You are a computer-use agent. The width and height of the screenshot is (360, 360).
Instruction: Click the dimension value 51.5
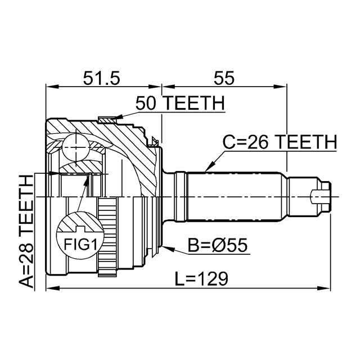click(102, 78)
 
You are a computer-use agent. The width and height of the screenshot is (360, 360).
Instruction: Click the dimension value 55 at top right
click(223, 78)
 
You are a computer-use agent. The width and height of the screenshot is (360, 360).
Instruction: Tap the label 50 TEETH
click(180, 104)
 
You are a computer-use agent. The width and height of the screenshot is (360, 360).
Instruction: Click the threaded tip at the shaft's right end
click(321, 196)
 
